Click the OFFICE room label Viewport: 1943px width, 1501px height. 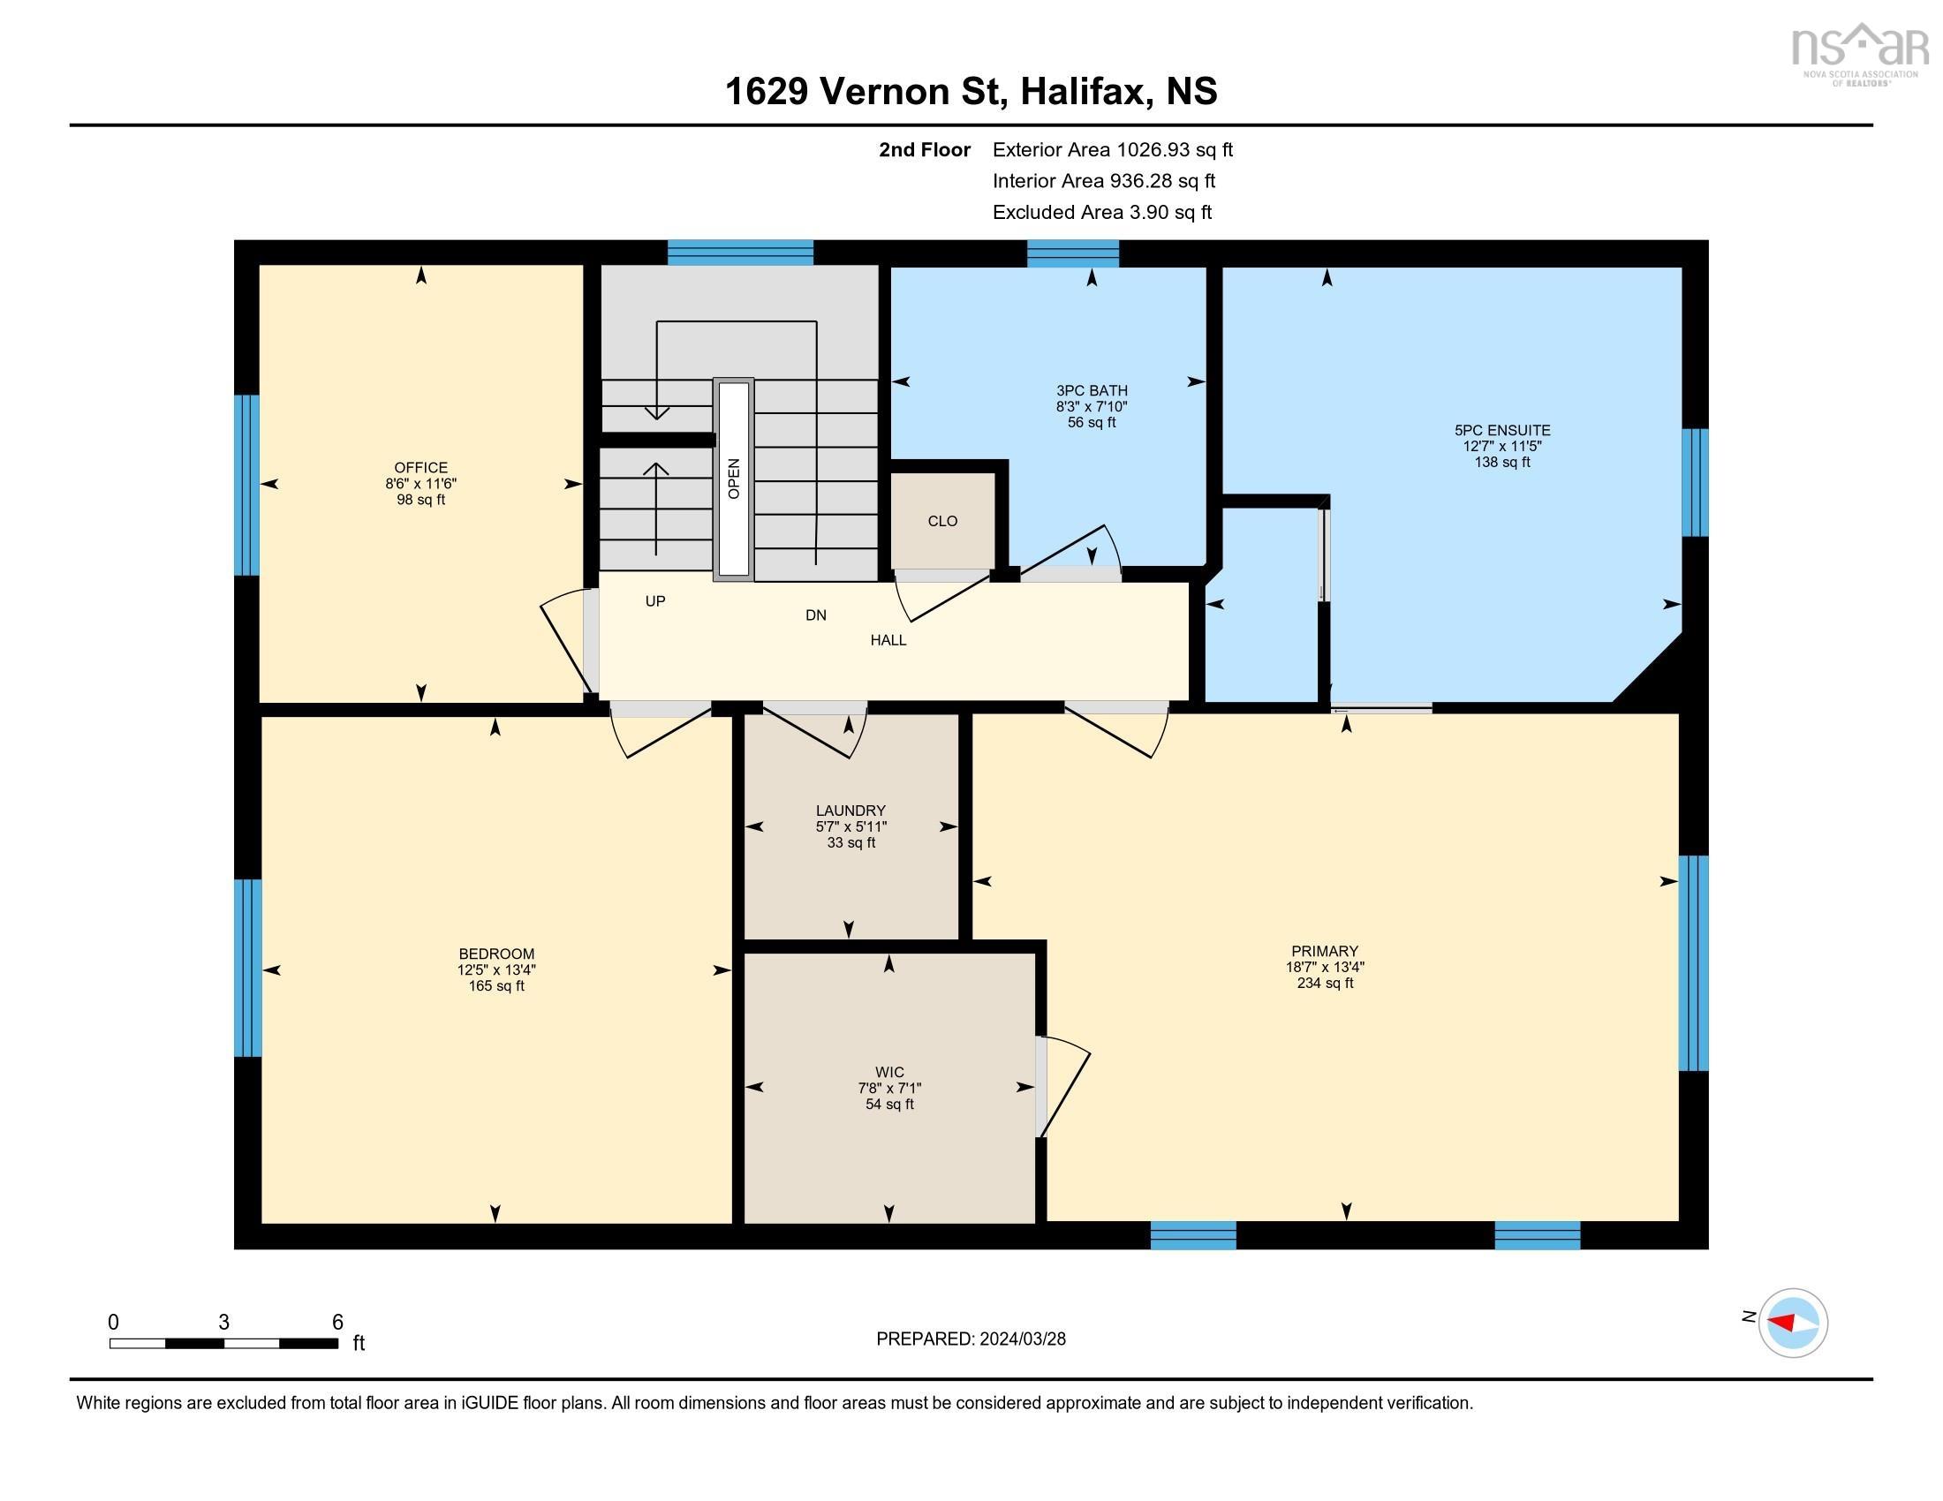(420, 468)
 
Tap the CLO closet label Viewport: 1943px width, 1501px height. (942, 521)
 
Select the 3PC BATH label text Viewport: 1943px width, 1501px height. (1092, 390)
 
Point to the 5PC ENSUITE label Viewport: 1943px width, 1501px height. (1501, 430)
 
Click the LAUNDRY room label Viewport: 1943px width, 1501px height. (851, 810)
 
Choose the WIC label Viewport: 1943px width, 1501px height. (888, 1073)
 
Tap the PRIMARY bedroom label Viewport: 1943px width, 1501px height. (1325, 951)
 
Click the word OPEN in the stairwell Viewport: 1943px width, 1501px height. (734, 479)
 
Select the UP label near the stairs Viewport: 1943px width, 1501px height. (654, 601)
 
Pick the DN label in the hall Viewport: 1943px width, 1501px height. (815, 615)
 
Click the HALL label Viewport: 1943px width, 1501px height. (888, 640)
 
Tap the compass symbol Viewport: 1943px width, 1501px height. (1793, 1323)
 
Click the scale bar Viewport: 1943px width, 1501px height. (223, 1343)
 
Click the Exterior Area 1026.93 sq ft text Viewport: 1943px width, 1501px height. (1112, 150)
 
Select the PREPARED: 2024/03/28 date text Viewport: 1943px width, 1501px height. (971, 1339)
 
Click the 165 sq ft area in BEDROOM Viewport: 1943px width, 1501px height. (495, 985)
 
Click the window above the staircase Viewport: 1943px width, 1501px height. (740, 253)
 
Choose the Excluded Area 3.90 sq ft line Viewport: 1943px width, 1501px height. (1101, 213)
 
